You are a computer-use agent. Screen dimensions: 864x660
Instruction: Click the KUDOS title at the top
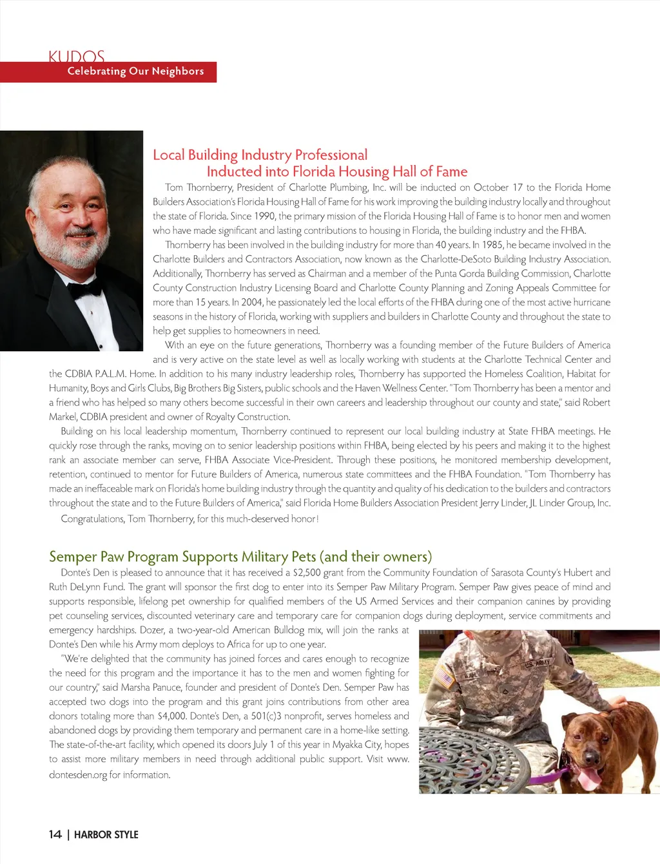pyautogui.click(x=76, y=56)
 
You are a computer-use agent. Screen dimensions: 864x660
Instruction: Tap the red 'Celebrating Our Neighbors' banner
pyautogui.click(x=135, y=72)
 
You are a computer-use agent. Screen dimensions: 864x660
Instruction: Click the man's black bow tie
pyautogui.click(x=85, y=288)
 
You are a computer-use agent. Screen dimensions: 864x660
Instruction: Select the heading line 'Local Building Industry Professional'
pyautogui.click(x=260, y=155)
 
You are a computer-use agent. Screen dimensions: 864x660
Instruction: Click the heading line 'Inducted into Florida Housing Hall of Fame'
pyautogui.click(x=336, y=171)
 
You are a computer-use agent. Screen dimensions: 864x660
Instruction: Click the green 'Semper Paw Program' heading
pyautogui.click(x=240, y=557)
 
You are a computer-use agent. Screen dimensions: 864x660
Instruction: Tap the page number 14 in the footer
pyautogui.click(x=55, y=834)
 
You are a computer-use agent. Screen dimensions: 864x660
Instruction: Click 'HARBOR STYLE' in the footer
pyautogui.click(x=106, y=834)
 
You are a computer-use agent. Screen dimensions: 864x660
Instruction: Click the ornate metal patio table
pyautogui.click(x=490, y=760)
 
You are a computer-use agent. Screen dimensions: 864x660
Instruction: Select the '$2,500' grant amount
pyautogui.click(x=306, y=573)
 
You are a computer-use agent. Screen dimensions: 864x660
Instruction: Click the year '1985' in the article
pyautogui.click(x=492, y=245)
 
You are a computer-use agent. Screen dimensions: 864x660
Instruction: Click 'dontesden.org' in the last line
pyautogui.click(x=78, y=774)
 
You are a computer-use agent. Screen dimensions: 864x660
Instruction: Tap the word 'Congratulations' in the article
pyautogui.click(x=92, y=519)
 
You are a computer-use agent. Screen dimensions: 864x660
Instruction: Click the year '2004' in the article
pyautogui.click(x=251, y=302)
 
